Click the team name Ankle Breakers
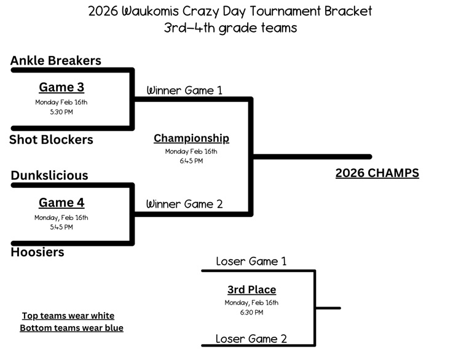pos(55,61)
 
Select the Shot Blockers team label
pos(51,139)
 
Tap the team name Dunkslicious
pos(49,176)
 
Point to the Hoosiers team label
pos(37,252)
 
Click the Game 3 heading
pos(61,87)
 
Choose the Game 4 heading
pos(61,203)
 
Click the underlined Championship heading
pos(191,138)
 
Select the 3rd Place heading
pos(251,290)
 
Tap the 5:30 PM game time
pos(61,112)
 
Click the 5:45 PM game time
pos(61,227)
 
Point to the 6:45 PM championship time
pos(191,161)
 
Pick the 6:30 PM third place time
pos(251,313)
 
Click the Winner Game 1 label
pos(184,90)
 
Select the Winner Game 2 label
pos(184,204)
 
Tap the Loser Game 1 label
pos(251,261)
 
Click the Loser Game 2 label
pos(251,339)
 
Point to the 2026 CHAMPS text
pos(377,173)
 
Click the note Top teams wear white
pos(68,316)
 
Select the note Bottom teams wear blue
pos(72,328)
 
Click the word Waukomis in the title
pos(150,12)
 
